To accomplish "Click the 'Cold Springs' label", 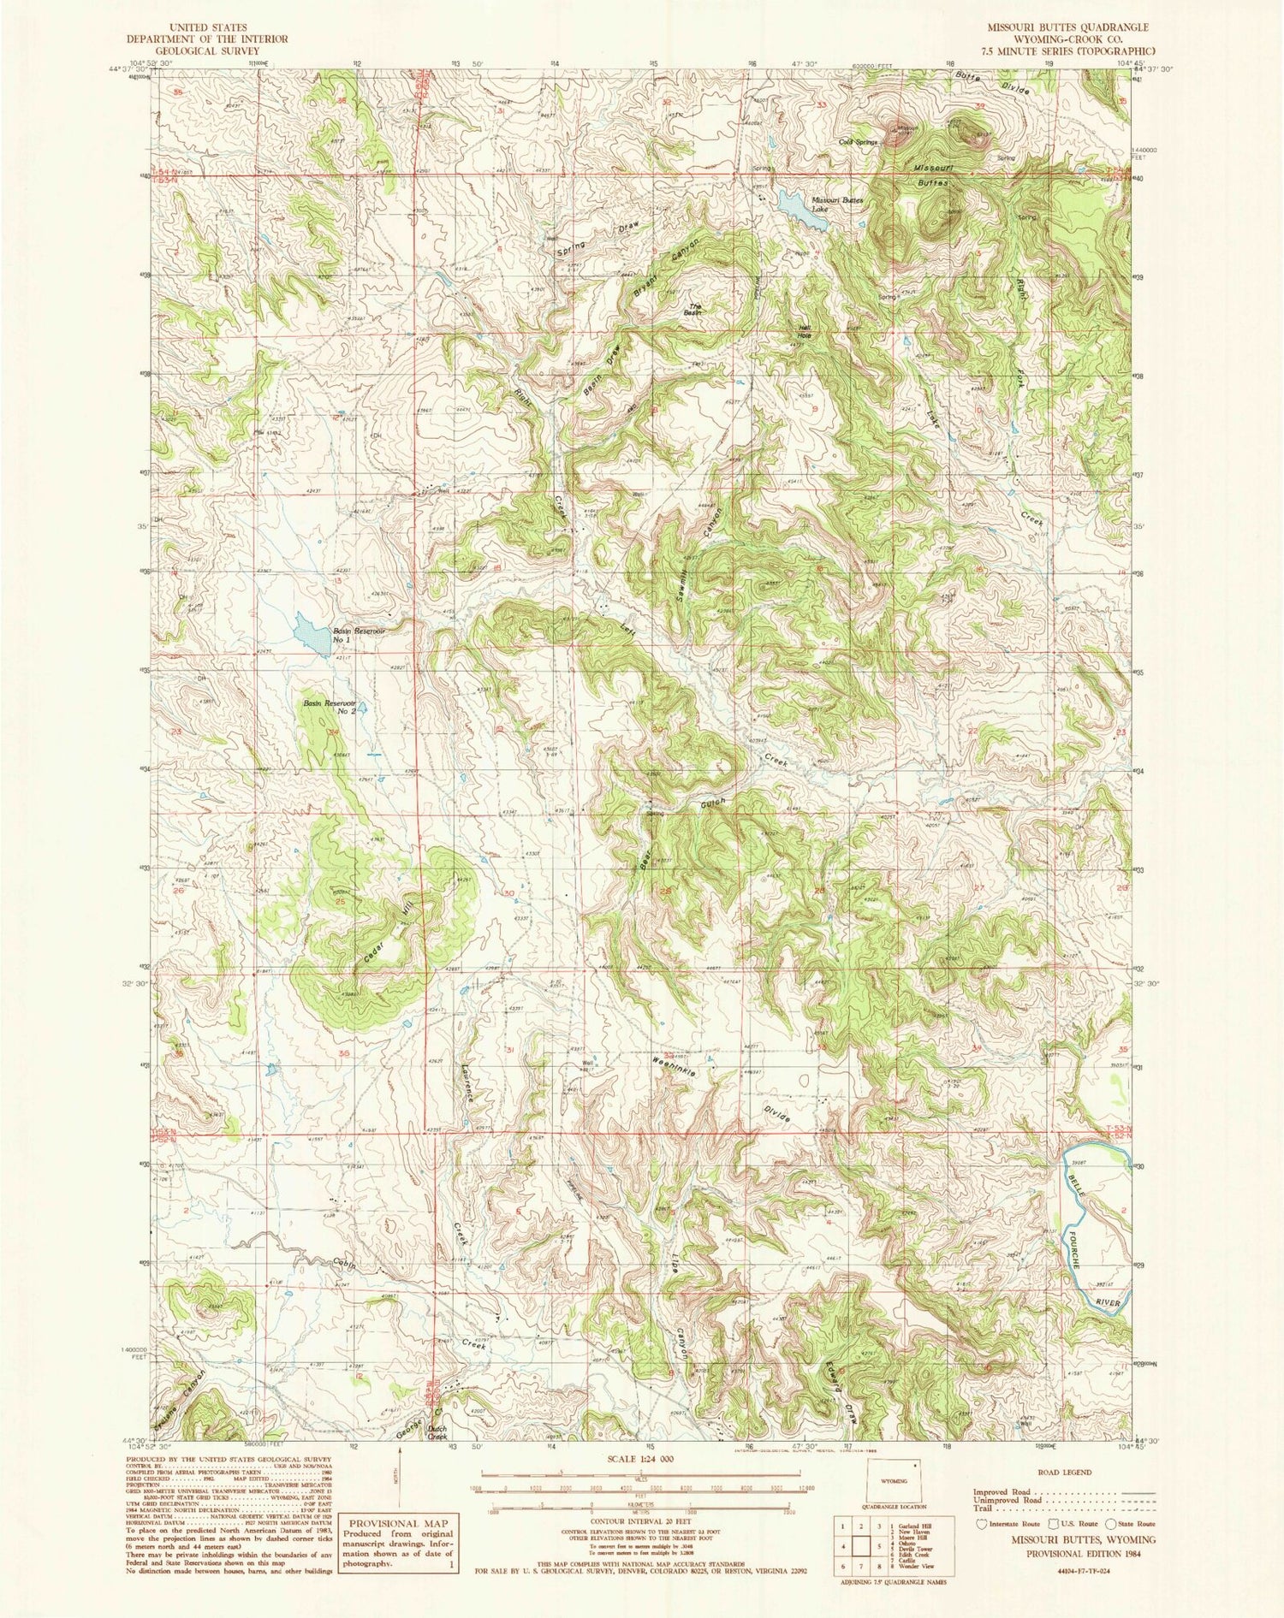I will (859, 142).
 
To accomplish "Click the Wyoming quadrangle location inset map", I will (895, 1484).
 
